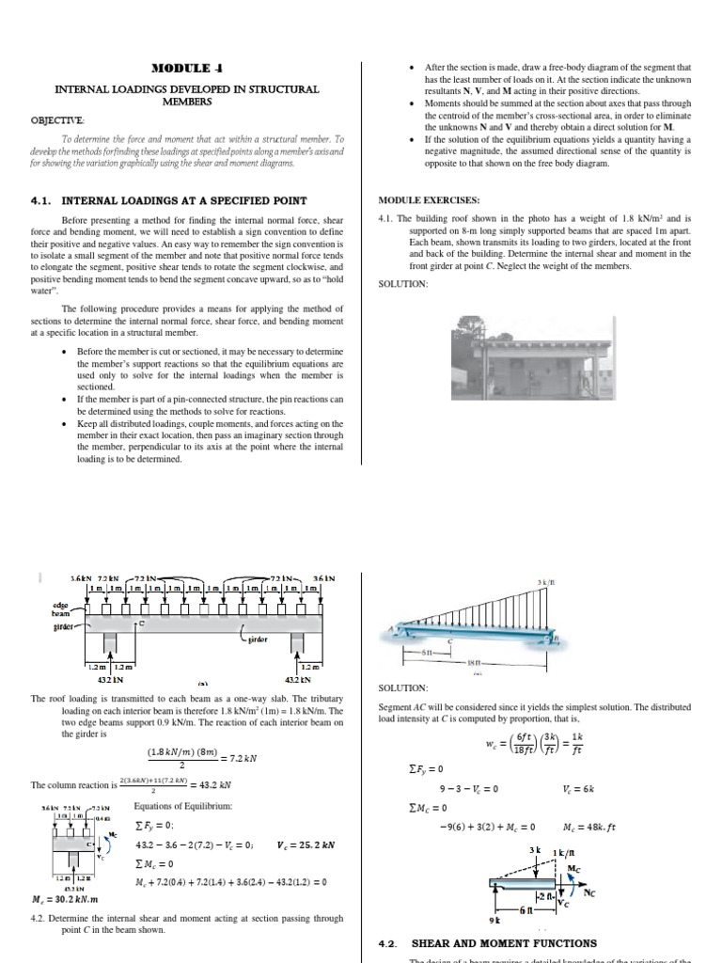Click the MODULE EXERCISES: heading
(x=429, y=200)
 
